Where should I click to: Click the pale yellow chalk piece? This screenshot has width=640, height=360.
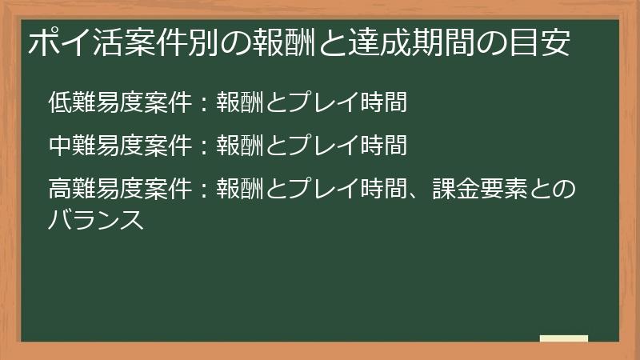(564, 338)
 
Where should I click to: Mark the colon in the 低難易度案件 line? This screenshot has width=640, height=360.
(205, 102)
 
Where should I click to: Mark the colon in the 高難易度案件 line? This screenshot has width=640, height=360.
(205, 190)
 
